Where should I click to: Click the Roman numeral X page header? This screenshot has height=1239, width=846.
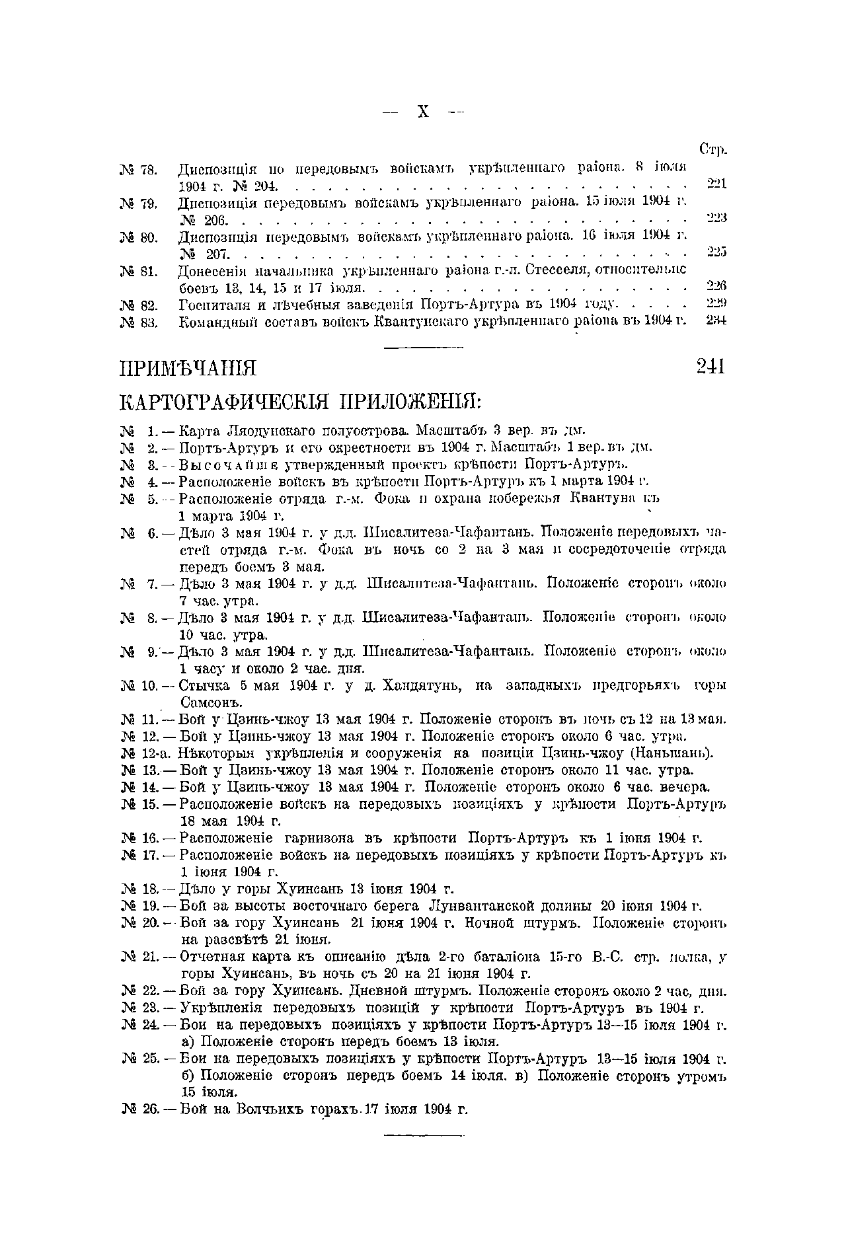[423, 112]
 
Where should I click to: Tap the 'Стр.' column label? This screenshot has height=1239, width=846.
[713, 151]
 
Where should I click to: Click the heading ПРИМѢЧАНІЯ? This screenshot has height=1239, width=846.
[187, 369]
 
